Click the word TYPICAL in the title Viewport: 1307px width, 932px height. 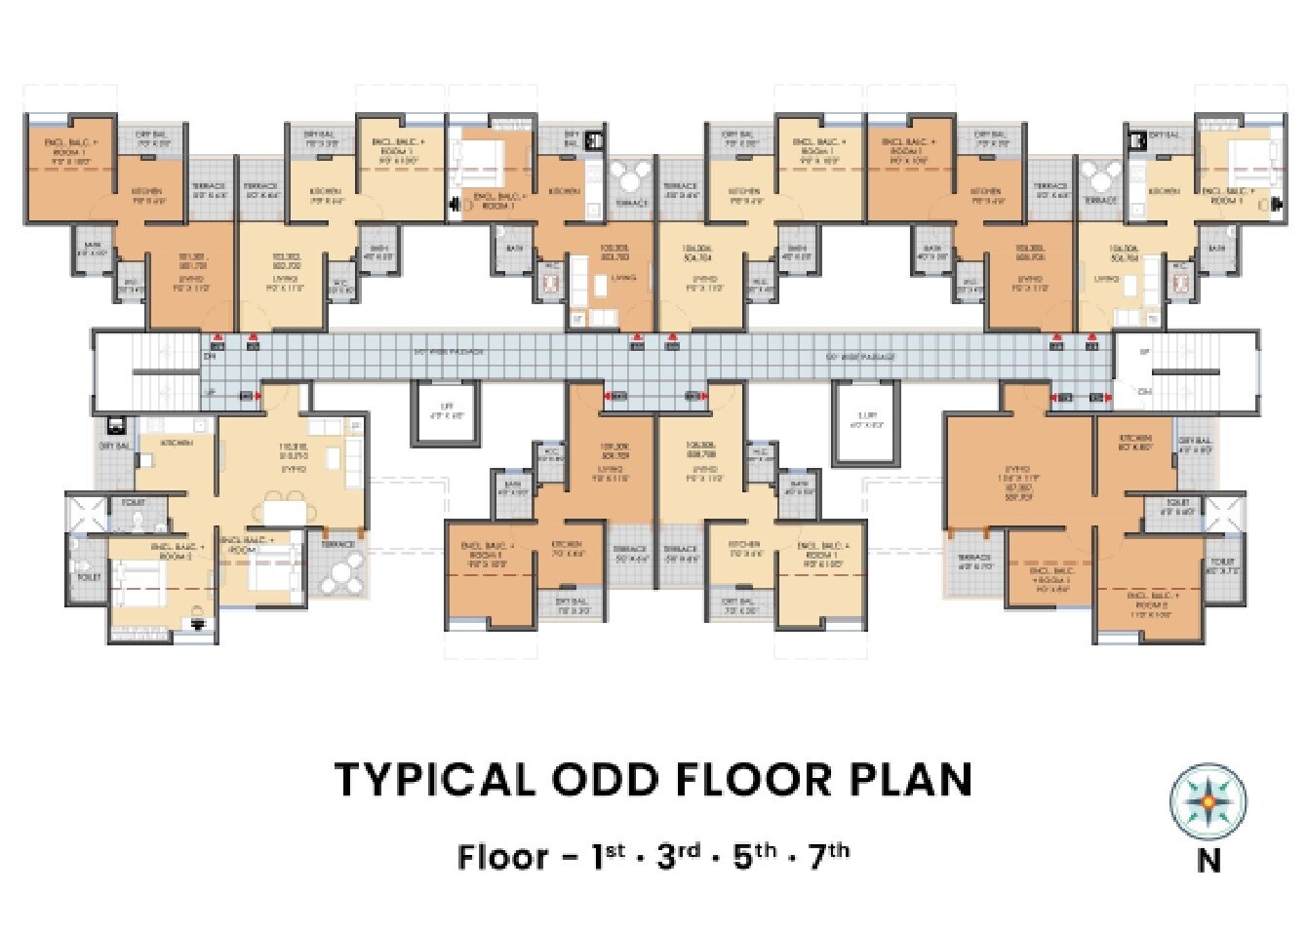[434, 780]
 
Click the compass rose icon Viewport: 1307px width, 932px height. [1208, 802]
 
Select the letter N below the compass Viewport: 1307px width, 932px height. [1208, 862]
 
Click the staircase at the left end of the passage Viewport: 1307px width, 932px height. [137, 371]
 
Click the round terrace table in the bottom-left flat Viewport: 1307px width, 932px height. [340, 574]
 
